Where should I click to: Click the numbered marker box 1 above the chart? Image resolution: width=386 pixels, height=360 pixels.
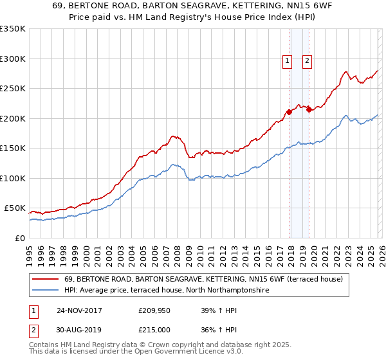pos(287,62)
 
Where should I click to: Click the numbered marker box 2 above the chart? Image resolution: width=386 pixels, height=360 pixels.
pos(308,62)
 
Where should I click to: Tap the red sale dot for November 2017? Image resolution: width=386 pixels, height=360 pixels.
pos(289,112)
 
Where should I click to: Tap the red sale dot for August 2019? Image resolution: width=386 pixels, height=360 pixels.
pos(309,109)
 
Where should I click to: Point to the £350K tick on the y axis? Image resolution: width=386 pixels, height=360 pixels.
pos(13,29)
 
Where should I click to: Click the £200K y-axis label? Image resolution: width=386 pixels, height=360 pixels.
pos(13,118)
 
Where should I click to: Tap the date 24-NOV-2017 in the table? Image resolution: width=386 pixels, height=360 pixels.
pos(79,310)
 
